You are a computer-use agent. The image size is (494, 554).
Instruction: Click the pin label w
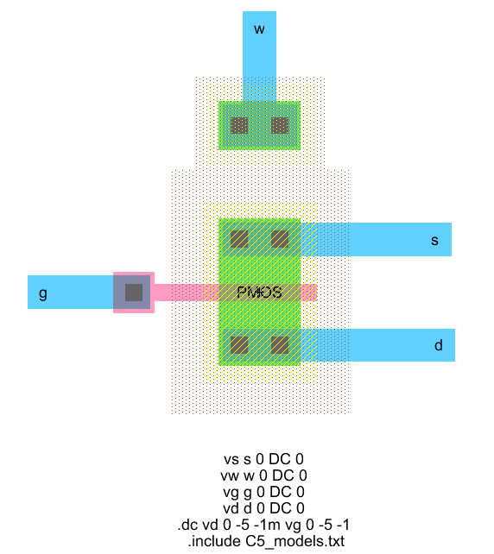click(259, 29)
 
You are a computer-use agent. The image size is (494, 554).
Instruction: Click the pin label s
click(434, 241)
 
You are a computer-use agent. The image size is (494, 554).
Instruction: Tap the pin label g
click(43, 293)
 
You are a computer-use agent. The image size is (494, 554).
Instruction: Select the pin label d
click(438, 345)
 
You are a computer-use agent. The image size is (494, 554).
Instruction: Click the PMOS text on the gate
click(259, 293)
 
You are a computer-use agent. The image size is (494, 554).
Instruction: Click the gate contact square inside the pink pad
click(134, 293)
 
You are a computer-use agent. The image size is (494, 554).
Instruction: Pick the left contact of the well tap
click(239, 125)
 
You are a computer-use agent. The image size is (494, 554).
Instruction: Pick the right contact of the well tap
click(280, 125)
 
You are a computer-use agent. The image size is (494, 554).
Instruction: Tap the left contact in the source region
click(239, 239)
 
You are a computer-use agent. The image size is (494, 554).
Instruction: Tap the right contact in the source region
click(280, 239)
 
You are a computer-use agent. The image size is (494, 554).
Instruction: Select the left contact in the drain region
click(239, 345)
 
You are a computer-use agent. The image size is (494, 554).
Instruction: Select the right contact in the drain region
click(280, 345)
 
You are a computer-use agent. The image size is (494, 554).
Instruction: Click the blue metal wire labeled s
click(376, 240)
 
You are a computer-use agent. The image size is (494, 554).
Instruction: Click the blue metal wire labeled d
click(377, 345)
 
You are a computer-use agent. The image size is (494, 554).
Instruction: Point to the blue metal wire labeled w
click(259, 57)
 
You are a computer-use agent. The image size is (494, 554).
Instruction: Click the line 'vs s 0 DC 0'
click(263, 459)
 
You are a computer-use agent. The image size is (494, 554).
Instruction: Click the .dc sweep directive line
click(263, 525)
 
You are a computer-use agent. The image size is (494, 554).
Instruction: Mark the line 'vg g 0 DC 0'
click(263, 492)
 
